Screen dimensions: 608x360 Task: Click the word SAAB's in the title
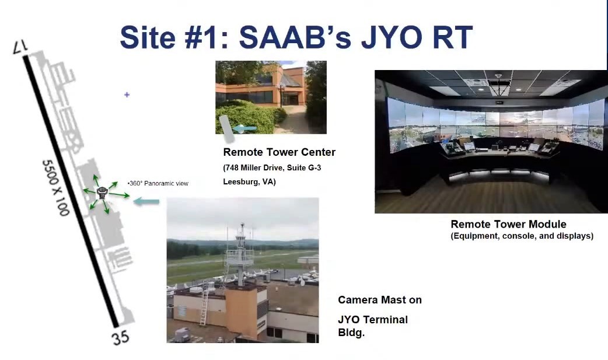click(295, 37)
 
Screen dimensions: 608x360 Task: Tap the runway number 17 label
click(20, 47)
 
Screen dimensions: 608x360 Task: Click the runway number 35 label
click(121, 337)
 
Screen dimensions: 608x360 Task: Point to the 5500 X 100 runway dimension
click(55, 187)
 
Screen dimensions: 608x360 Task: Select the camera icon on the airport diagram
click(102, 193)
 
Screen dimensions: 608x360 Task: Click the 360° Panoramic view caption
click(158, 183)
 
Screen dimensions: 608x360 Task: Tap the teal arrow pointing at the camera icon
click(146, 201)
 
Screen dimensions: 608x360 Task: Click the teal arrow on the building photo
click(244, 128)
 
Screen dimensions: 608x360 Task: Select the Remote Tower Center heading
click(279, 152)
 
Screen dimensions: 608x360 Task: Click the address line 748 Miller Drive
click(272, 168)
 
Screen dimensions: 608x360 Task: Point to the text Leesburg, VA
click(249, 181)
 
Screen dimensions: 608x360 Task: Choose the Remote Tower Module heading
click(508, 224)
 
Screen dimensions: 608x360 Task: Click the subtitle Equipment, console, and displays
click(522, 236)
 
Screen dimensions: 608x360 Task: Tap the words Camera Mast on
click(380, 300)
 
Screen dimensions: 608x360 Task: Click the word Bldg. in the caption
click(351, 333)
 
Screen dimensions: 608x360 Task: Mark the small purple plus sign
click(127, 95)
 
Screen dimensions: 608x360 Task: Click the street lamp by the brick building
click(281, 93)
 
